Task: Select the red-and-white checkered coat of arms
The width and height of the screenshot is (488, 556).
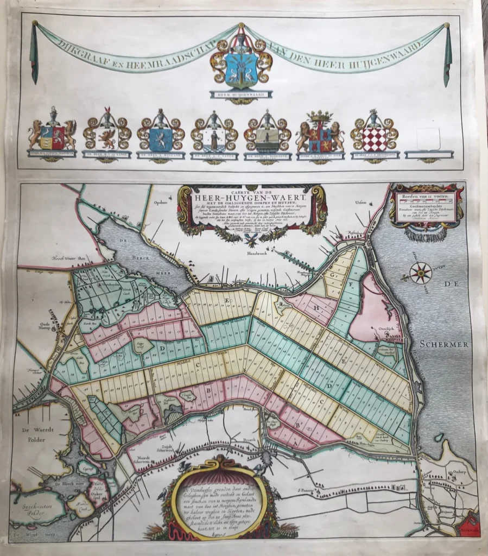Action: click(x=374, y=138)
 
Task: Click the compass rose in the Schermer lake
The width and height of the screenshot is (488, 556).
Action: click(x=421, y=273)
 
